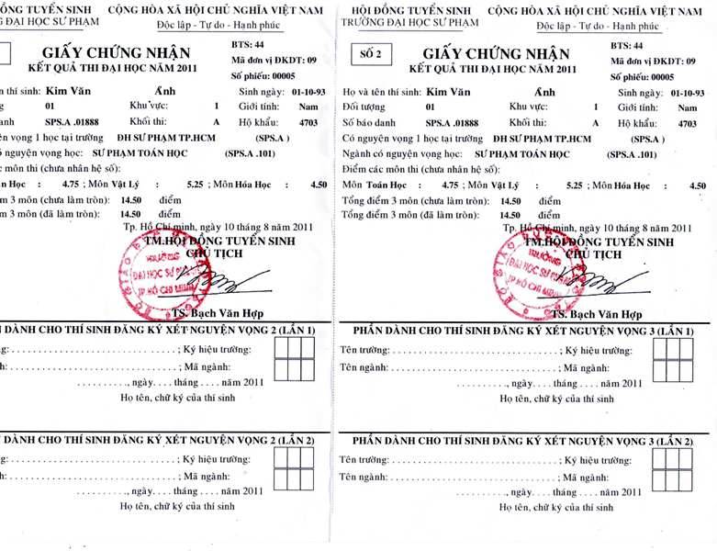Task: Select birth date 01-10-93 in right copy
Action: point(690,93)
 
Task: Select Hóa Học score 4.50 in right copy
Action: point(698,185)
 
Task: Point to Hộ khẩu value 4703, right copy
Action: point(688,122)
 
